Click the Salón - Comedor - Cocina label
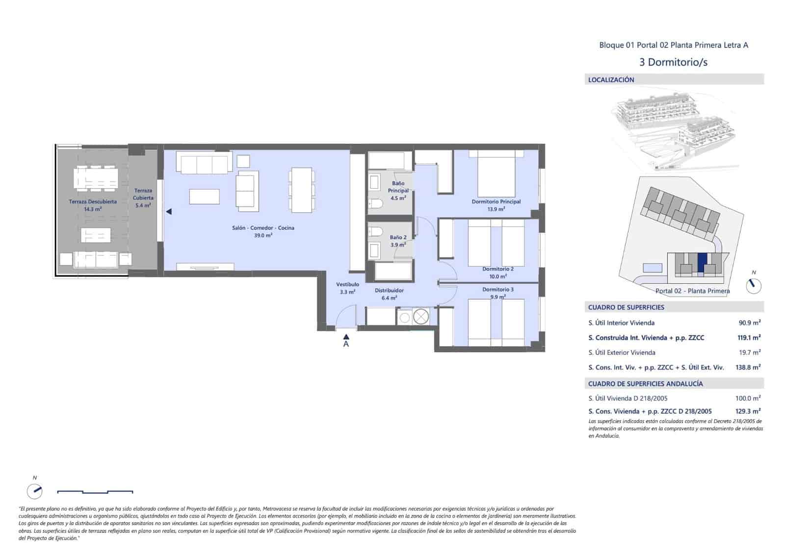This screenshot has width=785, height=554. click(263, 228)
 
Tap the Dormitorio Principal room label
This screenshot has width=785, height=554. click(496, 201)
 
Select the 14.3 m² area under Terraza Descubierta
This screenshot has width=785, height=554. click(93, 209)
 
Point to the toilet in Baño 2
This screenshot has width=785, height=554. click(376, 231)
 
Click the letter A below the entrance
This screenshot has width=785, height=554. click(346, 344)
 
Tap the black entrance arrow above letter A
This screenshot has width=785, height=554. click(346, 336)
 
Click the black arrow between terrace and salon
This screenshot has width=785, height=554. click(168, 212)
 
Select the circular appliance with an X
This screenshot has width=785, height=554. click(420, 317)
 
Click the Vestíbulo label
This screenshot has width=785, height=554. click(347, 284)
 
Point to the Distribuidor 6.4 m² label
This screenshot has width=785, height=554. click(389, 294)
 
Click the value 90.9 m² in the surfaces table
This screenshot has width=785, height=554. click(749, 323)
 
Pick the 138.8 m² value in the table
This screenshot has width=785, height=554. click(748, 367)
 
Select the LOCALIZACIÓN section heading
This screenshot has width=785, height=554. click(611, 79)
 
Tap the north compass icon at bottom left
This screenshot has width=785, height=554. click(34, 491)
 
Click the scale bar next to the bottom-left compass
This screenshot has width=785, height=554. click(95, 491)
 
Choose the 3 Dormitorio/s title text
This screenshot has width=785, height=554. click(673, 62)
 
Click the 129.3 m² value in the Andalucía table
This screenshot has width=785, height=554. click(748, 411)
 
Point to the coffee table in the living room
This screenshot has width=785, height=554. click(204, 197)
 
